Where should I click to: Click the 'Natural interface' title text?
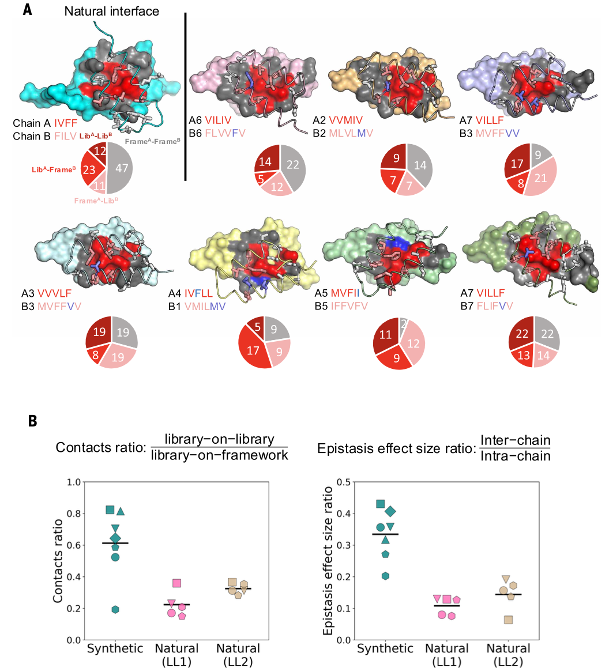(x=111, y=11)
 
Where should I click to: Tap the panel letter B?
(x=33, y=421)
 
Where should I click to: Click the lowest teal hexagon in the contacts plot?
(x=115, y=610)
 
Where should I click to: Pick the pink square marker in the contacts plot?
(x=177, y=584)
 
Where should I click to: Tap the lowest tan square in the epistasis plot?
(x=508, y=620)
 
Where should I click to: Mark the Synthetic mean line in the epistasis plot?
(x=385, y=534)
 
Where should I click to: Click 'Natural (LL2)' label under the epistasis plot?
(x=508, y=655)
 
